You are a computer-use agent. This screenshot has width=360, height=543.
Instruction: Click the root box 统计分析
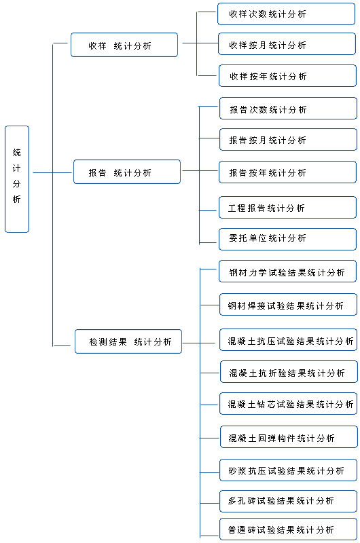point(17,179)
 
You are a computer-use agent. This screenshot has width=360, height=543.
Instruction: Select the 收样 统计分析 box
point(124,45)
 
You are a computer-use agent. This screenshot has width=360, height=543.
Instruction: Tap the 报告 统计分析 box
point(127,172)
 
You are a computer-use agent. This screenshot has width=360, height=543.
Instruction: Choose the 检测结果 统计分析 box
point(128,341)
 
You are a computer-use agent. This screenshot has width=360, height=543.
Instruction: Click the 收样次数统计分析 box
point(287,14)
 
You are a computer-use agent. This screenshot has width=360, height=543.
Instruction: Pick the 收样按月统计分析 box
point(287,44)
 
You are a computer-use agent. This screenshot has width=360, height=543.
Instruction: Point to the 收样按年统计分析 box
point(288,75)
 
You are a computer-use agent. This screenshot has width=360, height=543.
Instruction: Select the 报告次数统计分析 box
point(288,109)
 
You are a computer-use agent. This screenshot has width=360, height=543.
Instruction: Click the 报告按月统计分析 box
point(288,140)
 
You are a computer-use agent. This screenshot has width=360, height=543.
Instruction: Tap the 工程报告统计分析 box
point(288,208)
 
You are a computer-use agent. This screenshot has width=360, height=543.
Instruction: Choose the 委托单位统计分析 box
point(288,240)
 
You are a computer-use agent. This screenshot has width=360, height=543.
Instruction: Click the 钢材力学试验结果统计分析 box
point(288,271)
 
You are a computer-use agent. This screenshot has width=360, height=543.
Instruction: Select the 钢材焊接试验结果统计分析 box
point(288,304)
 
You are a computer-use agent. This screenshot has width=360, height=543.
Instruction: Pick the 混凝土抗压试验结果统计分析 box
point(288,340)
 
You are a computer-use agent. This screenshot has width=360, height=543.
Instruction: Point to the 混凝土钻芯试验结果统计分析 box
point(288,404)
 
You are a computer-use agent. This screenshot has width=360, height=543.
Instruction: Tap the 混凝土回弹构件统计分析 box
point(289,436)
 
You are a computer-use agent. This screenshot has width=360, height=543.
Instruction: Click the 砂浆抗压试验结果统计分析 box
point(288,470)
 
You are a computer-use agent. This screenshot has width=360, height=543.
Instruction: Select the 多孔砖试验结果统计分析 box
point(288,501)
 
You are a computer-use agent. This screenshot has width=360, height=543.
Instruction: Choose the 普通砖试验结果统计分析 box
point(288,529)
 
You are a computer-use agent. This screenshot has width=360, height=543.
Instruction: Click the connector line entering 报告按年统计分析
point(209,171)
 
